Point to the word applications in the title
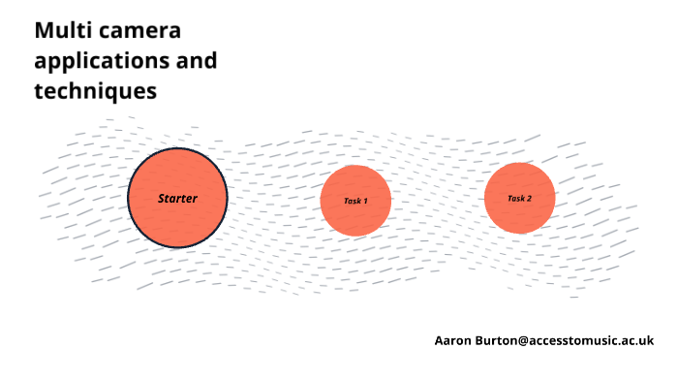(93, 61)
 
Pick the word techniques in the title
(95, 92)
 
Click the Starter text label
(177, 198)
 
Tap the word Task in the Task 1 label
(352, 201)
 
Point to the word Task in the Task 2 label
(515, 199)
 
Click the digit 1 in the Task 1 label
(364, 201)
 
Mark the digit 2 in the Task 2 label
(528, 199)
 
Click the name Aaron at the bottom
(452, 340)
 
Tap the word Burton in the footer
(496, 340)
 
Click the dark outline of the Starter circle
(129, 198)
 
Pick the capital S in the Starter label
(162, 198)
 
